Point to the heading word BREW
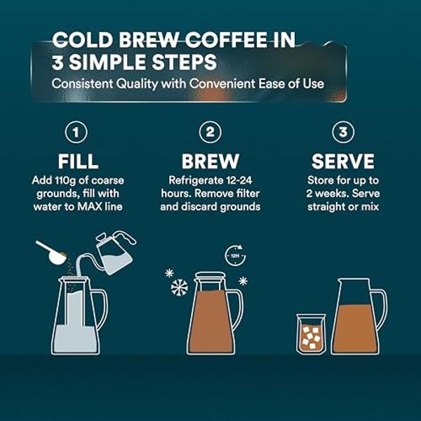[x=210, y=161]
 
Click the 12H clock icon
[x=234, y=255]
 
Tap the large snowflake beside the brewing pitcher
[x=180, y=288]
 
